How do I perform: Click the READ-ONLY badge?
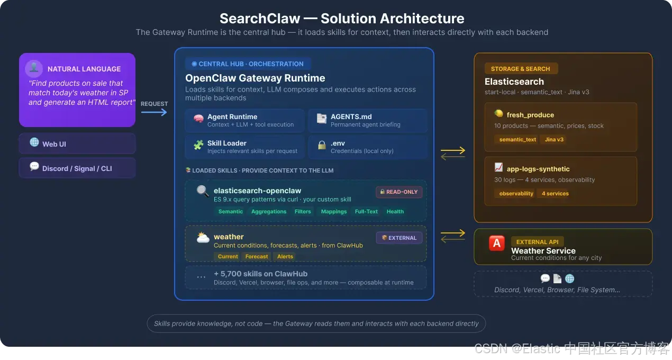click(x=399, y=192)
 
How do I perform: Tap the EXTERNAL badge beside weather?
click(x=399, y=238)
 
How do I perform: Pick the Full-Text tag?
click(x=366, y=211)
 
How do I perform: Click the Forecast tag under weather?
click(x=257, y=256)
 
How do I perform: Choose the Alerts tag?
click(x=285, y=256)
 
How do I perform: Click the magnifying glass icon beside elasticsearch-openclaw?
click(x=203, y=191)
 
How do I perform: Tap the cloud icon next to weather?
click(x=203, y=237)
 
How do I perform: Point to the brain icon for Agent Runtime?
click(x=198, y=119)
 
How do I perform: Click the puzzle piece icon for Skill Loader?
click(x=198, y=145)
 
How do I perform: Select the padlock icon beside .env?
click(x=322, y=145)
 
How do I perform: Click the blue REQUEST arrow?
click(x=154, y=112)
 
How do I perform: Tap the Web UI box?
click(x=77, y=143)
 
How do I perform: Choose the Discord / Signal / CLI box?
click(x=77, y=168)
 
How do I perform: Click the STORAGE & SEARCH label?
click(x=521, y=69)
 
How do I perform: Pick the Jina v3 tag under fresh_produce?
click(x=554, y=139)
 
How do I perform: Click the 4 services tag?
click(x=555, y=193)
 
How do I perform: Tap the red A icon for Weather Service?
click(x=497, y=243)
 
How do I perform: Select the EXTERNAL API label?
click(x=537, y=242)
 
